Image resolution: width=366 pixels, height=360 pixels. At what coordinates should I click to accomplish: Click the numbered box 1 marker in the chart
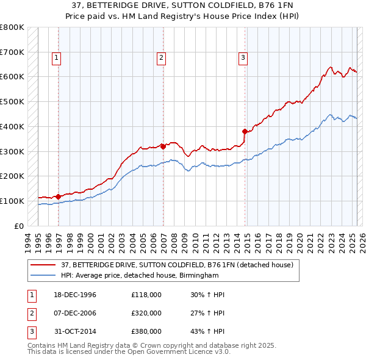(56, 58)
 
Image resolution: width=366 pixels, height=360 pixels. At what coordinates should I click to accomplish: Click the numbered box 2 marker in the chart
(161, 58)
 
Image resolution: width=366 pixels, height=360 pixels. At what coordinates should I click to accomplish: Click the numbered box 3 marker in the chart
(243, 58)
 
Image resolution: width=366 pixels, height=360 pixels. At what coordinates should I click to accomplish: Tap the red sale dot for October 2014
(245, 131)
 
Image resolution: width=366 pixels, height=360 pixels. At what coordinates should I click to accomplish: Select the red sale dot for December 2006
(163, 146)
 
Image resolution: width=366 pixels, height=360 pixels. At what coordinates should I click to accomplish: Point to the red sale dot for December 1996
(59, 196)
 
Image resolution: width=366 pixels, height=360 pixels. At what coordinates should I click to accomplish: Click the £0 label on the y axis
(19, 226)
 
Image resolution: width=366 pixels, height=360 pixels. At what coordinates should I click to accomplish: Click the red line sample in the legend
(43, 265)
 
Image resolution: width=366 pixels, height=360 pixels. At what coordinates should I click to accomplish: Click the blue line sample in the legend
(43, 275)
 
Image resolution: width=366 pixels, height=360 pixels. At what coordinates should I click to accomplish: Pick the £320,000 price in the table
(146, 313)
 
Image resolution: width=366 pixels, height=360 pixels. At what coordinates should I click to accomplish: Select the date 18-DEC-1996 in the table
(72, 295)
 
